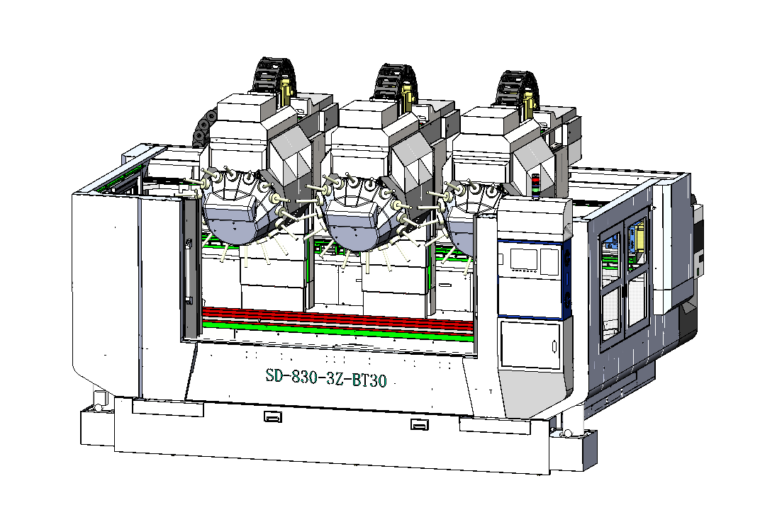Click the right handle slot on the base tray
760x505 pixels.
pos(419,425)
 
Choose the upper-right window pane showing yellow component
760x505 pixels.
pos(635,241)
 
